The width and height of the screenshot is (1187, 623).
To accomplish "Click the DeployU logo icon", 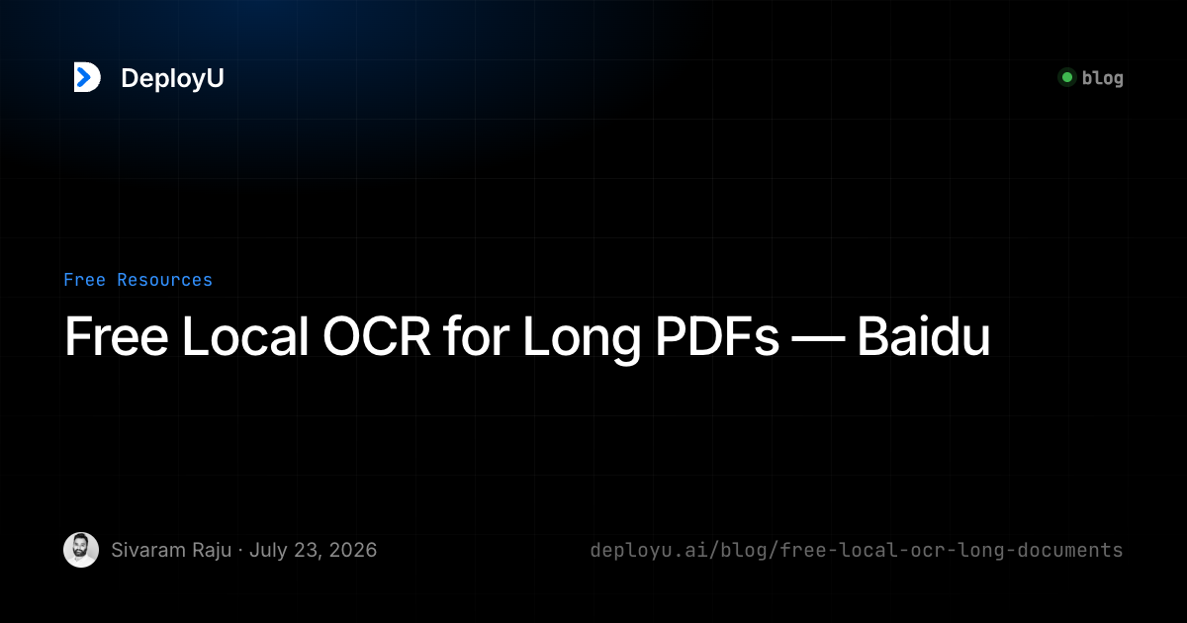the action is [x=87, y=77].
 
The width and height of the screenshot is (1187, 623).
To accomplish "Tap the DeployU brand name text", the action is [x=172, y=78].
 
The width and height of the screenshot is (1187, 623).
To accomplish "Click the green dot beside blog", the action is [x=1067, y=78].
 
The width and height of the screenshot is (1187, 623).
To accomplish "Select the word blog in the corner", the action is [x=1102, y=78].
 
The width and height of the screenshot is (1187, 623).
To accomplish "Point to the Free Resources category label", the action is [x=137, y=280].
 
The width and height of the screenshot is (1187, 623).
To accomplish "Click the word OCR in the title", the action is [x=376, y=336].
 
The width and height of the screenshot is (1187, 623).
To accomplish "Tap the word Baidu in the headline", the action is [x=924, y=336].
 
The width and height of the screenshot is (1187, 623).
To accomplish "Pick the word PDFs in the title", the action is [x=717, y=336].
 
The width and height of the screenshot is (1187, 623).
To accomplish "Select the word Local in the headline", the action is [x=245, y=336].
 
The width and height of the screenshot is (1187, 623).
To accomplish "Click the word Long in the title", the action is [x=582, y=340].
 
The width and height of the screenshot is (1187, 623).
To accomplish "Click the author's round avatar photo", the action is [x=81, y=550].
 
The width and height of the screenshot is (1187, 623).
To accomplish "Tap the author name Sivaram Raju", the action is [x=171, y=551].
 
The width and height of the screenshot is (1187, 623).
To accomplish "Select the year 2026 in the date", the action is [x=352, y=551].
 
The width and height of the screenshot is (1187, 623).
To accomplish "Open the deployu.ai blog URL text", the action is [x=857, y=551].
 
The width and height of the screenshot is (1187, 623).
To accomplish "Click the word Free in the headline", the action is [x=117, y=336].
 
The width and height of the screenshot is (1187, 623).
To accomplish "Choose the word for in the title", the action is [x=477, y=336].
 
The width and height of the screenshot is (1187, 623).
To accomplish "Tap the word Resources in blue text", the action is [x=164, y=280].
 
